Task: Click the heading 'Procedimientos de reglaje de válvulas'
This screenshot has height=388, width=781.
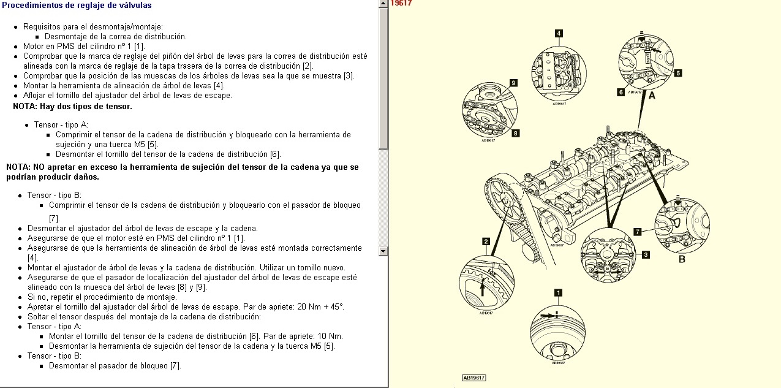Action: click(77, 6)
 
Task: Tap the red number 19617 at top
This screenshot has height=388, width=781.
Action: click(401, 3)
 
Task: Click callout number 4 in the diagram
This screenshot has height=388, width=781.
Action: click(559, 33)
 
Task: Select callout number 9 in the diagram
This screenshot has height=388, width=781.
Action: click(513, 83)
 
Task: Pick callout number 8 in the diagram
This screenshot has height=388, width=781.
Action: click(516, 132)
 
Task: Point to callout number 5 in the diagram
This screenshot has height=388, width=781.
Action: click(677, 72)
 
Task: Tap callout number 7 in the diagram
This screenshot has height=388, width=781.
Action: click(638, 232)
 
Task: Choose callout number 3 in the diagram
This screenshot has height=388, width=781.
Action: click(646, 254)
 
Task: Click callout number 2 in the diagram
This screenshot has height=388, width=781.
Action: click(485, 242)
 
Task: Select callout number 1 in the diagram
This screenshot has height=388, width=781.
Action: click(557, 292)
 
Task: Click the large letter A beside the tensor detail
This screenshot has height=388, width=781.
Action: click(652, 96)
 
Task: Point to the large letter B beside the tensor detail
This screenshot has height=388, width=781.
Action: click(682, 259)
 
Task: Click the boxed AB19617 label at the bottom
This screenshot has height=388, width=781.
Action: click(474, 378)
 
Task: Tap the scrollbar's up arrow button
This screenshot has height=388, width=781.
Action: click(383, 4)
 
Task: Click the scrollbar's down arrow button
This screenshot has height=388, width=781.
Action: click(383, 251)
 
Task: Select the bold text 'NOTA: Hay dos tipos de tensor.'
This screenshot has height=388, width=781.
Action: click(72, 107)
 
